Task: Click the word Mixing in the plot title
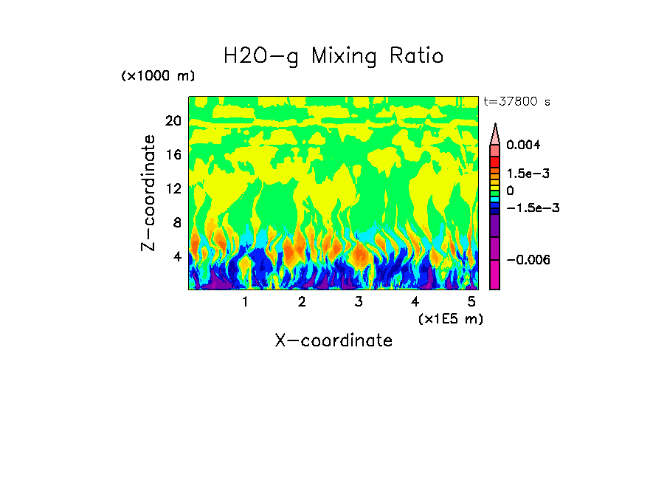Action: [345, 56]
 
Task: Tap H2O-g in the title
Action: [262, 56]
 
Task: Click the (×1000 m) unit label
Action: [158, 77]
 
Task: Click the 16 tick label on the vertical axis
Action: [173, 154]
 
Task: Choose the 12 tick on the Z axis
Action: [173, 188]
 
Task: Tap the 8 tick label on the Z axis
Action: [176, 222]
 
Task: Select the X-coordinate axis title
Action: [333, 340]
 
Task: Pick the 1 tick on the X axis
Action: [245, 301]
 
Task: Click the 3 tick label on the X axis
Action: [359, 301]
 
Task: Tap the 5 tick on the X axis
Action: [471, 301]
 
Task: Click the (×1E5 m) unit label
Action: [450, 318]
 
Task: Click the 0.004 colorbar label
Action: [523, 145]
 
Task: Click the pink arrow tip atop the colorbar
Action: [495, 133]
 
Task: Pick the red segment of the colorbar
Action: [495, 162]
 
